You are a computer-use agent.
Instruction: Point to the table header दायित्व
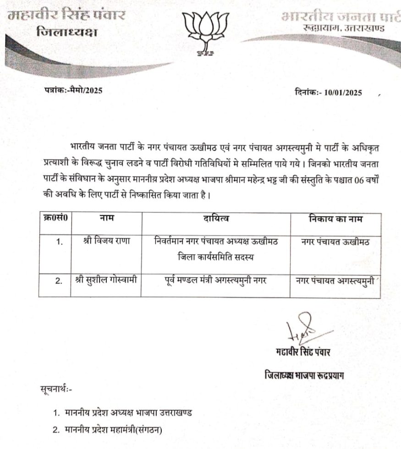[x=217, y=219]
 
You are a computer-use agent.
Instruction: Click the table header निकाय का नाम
[x=334, y=219]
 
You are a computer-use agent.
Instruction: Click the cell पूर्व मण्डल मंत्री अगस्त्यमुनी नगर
[x=217, y=280]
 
